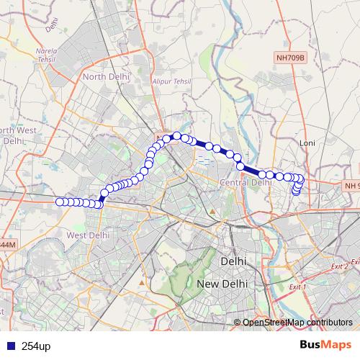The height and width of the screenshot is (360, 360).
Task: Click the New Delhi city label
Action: pyautogui.click(x=222, y=284)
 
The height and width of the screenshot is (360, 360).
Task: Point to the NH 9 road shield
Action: pyautogui.click(x=351, y=186)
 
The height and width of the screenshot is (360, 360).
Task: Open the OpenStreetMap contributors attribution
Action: pyautogui.click(x=297, y=322)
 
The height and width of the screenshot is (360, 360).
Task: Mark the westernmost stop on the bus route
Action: pyautogui.click(x=60, y=202)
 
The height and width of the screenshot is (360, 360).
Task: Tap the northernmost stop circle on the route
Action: pyautogui.click(x=176, y=135)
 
